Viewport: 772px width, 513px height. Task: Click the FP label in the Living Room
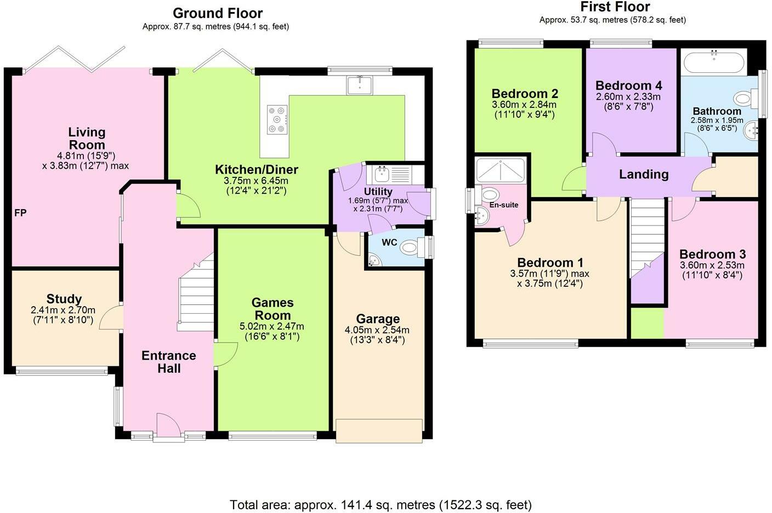tap(20, 213)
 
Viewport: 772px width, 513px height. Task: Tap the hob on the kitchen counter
tap(277, 119)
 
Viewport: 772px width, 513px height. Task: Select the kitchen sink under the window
tap(360, 85)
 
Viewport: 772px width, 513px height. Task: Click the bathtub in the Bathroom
tap(714, 62)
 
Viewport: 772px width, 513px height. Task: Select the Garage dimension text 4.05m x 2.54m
tap(377, 330)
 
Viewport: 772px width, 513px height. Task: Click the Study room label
tap(64, 298)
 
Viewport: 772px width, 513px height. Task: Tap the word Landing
tap(644, 174)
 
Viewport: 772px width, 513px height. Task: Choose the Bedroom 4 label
tap(629, 85)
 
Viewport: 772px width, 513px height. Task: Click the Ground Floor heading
tap(218, 13)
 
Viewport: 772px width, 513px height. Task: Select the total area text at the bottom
tap(381, 505)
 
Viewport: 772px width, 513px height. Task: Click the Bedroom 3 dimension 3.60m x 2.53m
tap(712, 266)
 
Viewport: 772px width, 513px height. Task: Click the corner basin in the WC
tap(373, 260)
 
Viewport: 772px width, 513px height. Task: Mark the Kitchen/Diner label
tap(257, 169)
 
